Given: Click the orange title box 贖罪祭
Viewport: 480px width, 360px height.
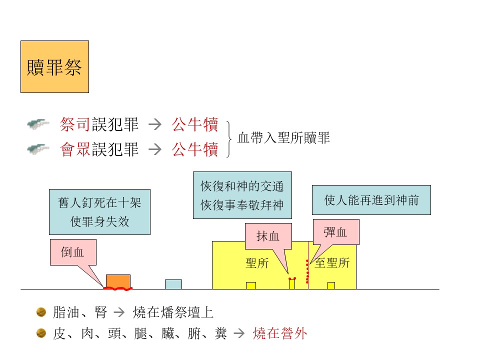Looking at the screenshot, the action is [x=55, y=66].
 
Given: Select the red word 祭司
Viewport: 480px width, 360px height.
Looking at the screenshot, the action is [x=75, y=124].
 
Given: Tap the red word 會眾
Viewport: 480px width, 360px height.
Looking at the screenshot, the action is [x=75, y=149].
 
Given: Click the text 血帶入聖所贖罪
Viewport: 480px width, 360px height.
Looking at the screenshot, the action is [x=284, y=138].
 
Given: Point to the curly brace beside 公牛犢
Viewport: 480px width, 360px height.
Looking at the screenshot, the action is [x=228, y=139].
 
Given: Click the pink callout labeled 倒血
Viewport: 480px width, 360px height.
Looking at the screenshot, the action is [x=73, y=252].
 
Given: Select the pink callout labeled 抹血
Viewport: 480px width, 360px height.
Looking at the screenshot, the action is [x=268, y=236].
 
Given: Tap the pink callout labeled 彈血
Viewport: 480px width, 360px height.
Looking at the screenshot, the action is [x=336, y=231].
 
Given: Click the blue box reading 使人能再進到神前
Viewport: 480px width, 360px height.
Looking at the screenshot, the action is [x=371, y=200].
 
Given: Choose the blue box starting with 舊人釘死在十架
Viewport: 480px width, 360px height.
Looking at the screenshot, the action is [x=100, y=212].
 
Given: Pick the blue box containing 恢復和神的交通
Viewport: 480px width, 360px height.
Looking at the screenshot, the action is [x=242, y=195].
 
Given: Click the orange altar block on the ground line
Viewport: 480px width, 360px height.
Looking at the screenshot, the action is [x=118, y=281].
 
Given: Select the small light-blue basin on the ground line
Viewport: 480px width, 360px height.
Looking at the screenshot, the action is [x=173, y=284].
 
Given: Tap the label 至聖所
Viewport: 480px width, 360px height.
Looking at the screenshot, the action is [x=332, y=263].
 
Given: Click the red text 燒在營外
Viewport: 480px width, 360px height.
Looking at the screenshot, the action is [x=280, y=333].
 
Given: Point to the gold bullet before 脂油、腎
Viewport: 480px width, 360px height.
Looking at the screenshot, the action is [x=41, y=312].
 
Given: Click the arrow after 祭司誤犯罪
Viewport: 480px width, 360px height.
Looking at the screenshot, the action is [x=155, y=124].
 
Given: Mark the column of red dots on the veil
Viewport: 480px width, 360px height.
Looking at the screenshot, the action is [x=307, y=271].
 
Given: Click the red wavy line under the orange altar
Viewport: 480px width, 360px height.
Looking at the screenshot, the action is [x=118, y=288].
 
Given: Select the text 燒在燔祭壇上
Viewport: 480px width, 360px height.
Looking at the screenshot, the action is [x=173, y=312].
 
